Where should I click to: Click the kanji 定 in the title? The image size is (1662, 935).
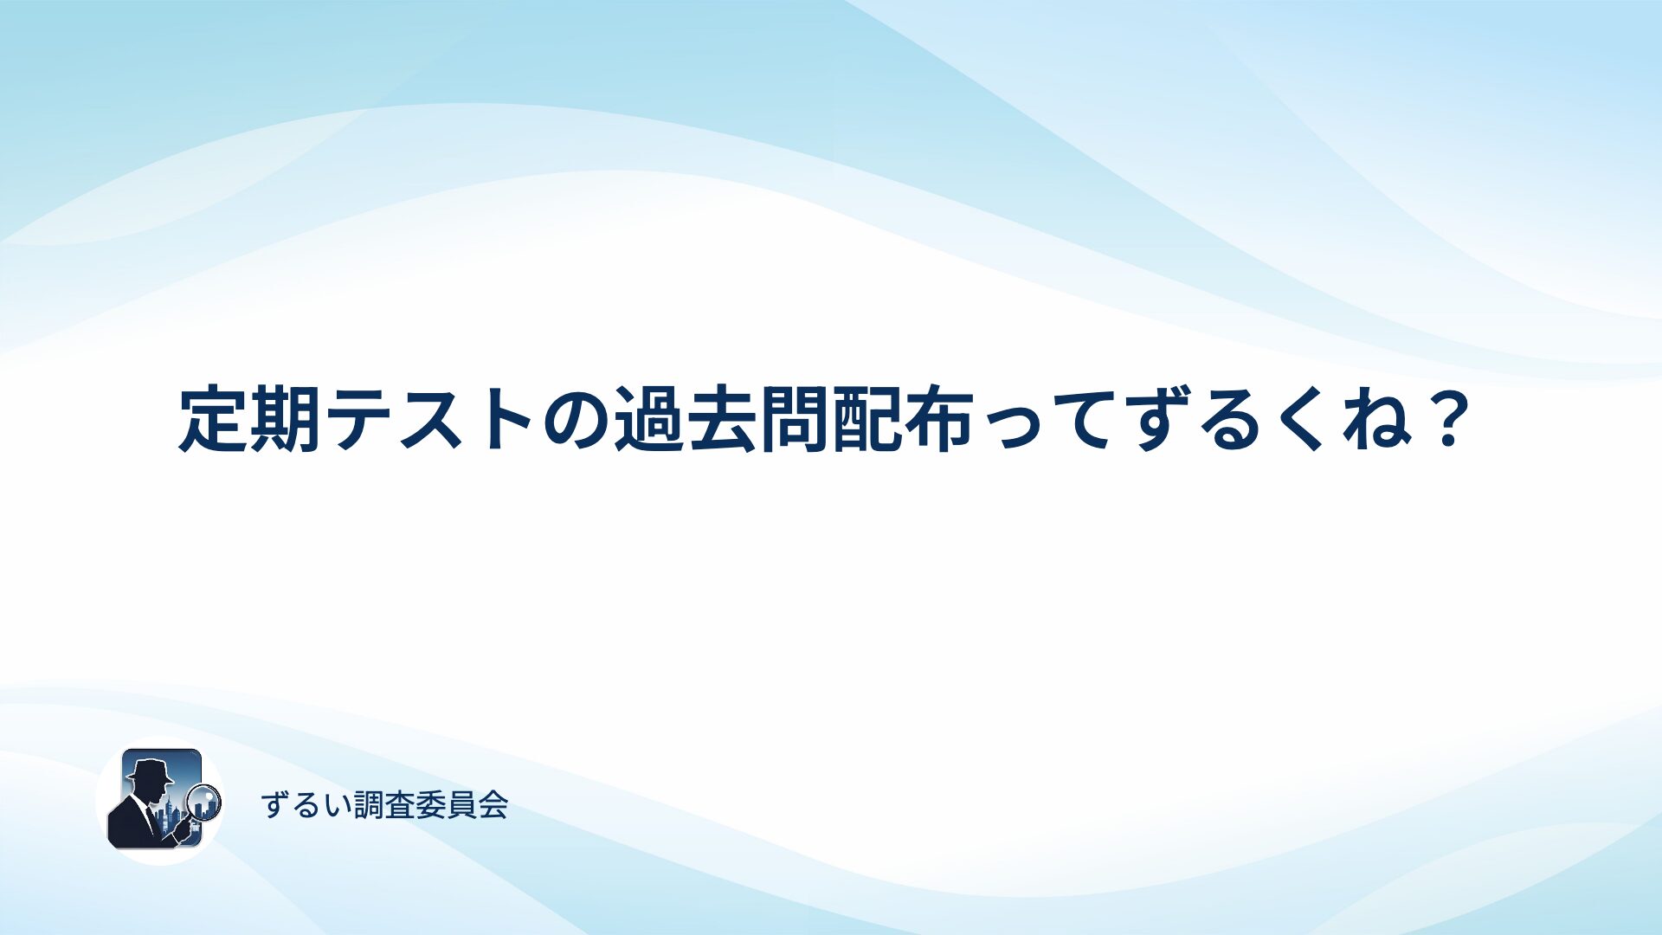coord(213,420)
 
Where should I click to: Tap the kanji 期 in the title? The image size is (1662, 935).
coord(286,420)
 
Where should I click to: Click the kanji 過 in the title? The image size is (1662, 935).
coord(649,420)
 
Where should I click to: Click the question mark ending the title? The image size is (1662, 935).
coord(1446,419)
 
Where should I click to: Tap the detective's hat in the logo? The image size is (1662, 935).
coord(150,770)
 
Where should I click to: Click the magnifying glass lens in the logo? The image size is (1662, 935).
coord(204,801)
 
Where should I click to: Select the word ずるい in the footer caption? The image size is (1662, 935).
coord(307,805)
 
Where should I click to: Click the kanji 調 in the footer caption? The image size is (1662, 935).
coord(369,805)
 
